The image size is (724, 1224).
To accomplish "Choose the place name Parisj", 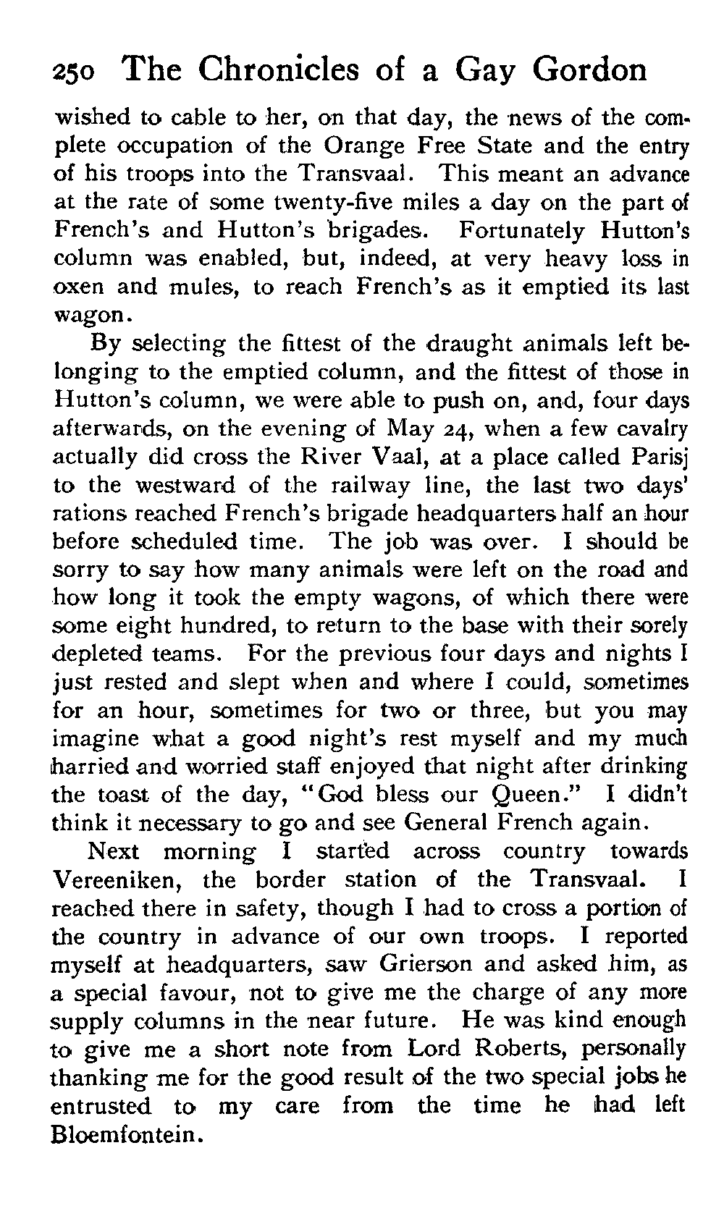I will point(658,457).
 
